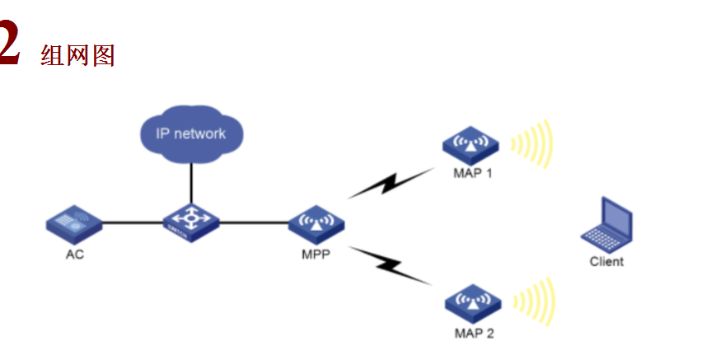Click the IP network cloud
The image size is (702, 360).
(190, 133)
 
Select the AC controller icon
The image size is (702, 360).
(75, 222)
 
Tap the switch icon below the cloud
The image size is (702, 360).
(191, 223)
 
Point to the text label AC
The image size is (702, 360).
(75, 255)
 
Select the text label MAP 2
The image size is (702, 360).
(474, 334)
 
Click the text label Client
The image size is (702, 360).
(606, 262)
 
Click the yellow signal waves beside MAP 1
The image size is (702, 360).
(531, 145)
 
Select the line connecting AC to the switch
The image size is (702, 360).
(132, 222)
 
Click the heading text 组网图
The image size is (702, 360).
(77, 55)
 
